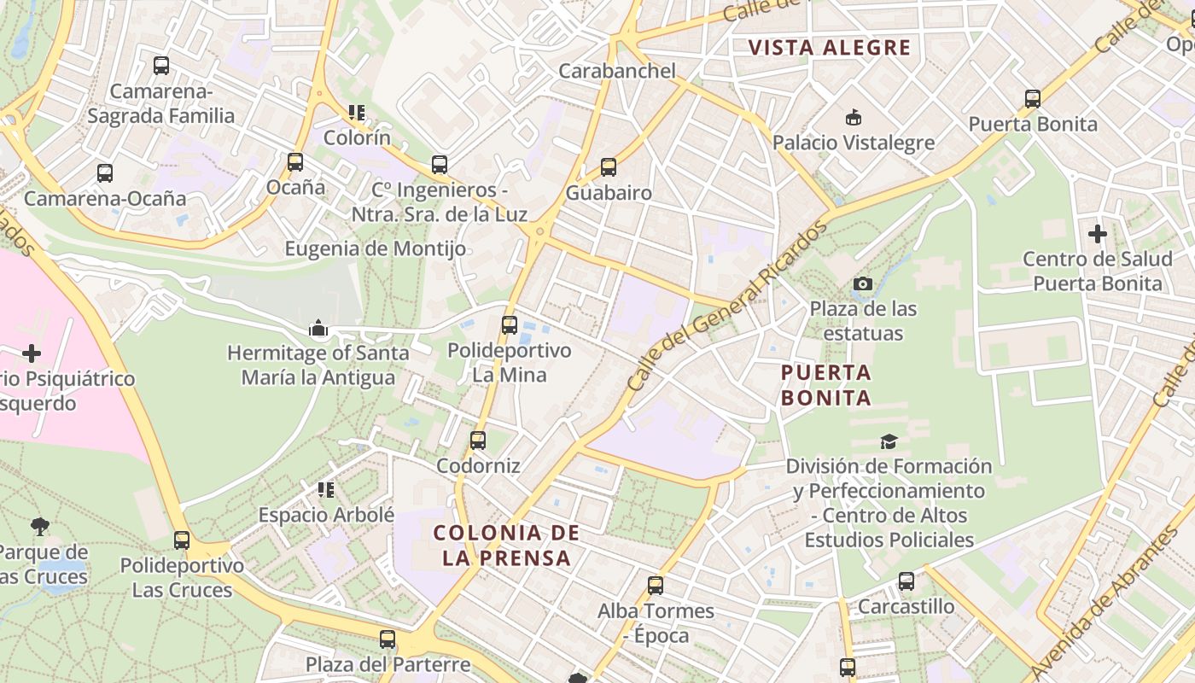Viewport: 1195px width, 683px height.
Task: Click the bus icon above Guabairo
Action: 608,167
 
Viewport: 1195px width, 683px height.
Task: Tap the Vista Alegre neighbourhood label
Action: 830,48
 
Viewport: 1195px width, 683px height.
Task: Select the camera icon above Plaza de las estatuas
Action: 863,283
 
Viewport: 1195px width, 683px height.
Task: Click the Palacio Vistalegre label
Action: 854,143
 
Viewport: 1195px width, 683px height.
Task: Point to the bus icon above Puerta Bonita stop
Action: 1033,99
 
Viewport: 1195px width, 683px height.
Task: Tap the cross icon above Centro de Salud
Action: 1098,233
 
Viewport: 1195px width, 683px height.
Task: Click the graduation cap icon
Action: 889,441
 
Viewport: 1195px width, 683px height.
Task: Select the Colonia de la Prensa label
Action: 506,546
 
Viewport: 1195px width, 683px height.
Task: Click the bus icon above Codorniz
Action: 478,441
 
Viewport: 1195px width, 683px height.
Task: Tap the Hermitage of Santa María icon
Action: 318,328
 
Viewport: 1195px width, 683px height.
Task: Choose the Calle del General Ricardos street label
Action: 727,306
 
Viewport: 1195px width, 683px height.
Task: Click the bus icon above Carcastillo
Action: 906,581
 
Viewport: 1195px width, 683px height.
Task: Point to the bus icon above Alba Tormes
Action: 656,586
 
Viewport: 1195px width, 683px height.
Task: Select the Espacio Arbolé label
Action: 327,515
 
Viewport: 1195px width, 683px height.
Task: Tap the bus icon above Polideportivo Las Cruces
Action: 182,540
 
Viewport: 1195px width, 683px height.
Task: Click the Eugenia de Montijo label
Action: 376,249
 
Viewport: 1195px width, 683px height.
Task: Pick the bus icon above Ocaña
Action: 295,161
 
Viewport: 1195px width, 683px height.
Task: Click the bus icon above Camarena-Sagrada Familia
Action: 161,65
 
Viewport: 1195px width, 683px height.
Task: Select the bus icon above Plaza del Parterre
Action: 388,639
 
